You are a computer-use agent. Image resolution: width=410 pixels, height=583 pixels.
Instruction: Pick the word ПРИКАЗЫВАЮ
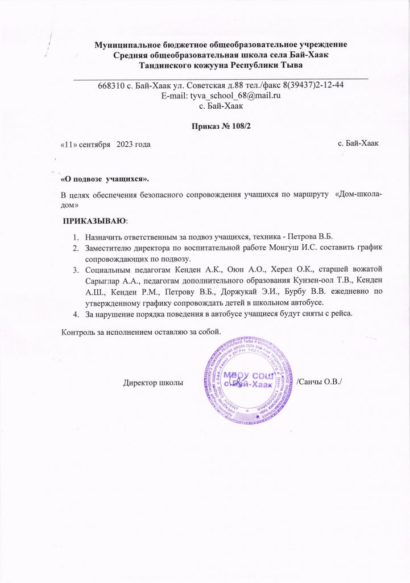(x=95, y=220)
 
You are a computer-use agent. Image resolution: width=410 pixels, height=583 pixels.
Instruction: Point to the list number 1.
(x=75, y=237)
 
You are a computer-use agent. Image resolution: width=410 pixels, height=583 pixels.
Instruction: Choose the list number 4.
(x=75, y=313)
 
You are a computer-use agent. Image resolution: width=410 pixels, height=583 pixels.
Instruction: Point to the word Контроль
(x=80, y=332)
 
